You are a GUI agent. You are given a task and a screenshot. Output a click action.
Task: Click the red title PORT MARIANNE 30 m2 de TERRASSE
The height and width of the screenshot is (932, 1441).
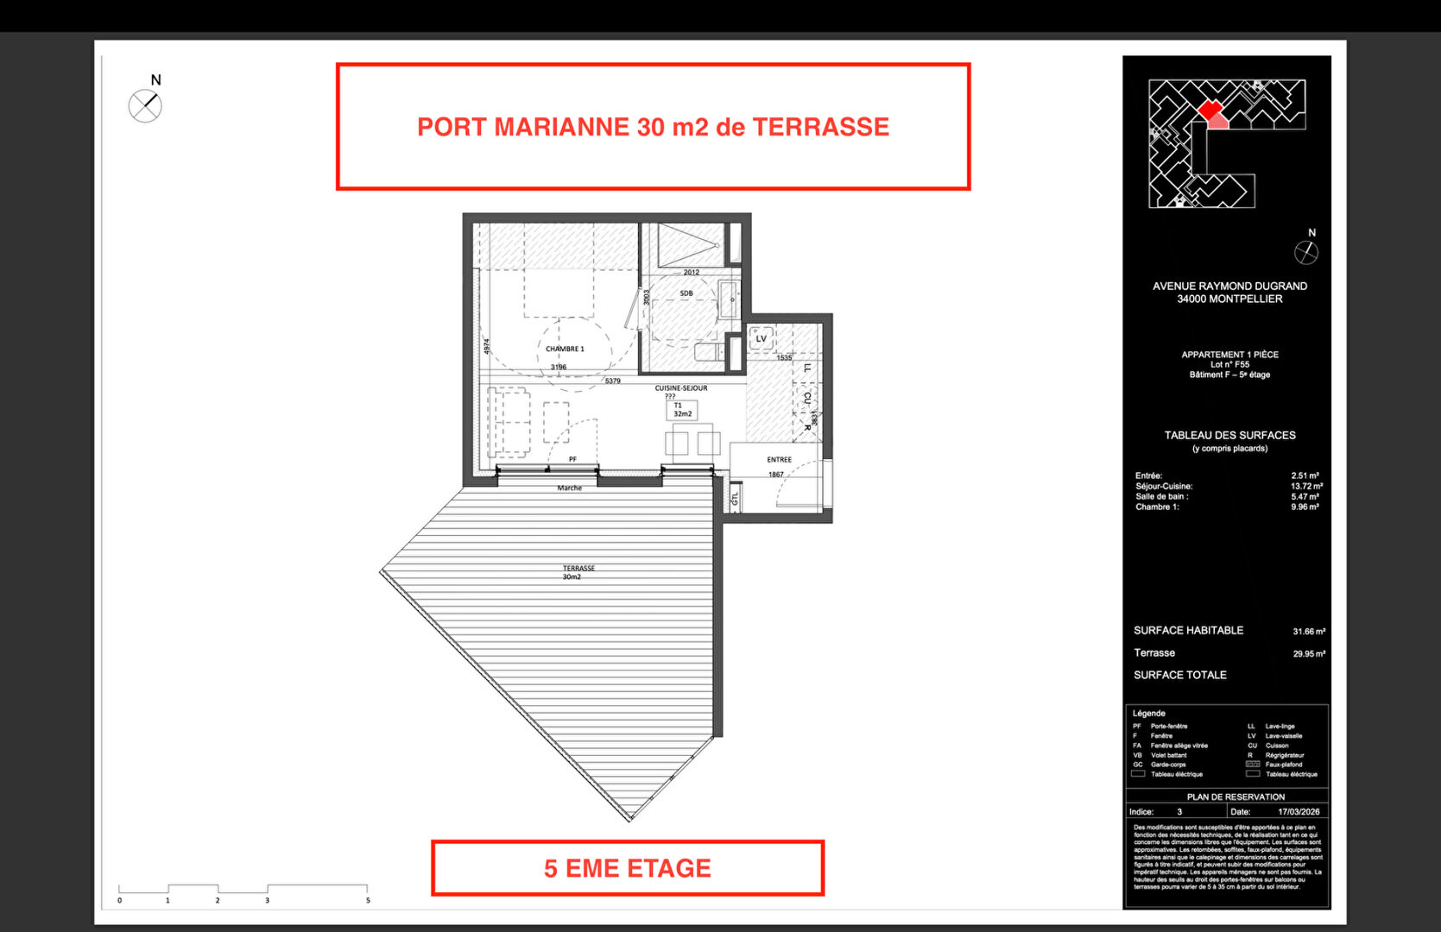(x=653, y=127)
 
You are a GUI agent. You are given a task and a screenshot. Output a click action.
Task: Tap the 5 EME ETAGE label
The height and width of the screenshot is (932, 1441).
(x=628, y=868)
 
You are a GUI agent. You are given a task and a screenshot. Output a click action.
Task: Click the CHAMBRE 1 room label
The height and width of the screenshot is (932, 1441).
(x=565, y=349)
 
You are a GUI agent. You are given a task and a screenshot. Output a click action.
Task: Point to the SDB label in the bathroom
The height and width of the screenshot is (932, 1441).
(x=686, y=293)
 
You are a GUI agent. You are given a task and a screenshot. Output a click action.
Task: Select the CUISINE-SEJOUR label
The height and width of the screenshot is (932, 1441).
(x=680, y=388)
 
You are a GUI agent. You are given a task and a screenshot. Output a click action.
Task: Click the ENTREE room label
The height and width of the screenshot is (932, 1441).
(x=779, y=460)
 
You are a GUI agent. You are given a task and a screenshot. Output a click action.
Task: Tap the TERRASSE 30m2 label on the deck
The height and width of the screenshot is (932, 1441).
(x=578, y=572)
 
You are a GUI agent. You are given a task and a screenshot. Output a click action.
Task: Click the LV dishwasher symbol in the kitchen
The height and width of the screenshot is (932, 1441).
(x=761, y=337)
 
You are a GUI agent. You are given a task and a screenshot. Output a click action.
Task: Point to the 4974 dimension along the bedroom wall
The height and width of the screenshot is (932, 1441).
(x=487, y=345)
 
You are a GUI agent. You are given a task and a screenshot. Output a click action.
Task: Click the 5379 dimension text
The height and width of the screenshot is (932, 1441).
(x=612, y=381)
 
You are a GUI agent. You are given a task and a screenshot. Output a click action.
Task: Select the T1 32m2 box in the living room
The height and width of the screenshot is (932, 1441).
(x=682, y=410)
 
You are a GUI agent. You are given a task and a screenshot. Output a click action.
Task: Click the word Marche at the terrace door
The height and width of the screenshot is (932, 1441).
(x=569, y=488)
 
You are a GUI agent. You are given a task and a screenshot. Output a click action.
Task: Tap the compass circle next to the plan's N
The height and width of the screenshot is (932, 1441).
(x=145, y=107)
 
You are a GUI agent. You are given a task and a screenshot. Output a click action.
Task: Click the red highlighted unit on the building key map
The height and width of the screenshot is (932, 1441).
(x=1210, y=109)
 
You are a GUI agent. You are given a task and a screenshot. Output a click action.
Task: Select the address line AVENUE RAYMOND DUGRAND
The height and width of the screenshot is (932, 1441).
(x=1229, y=287)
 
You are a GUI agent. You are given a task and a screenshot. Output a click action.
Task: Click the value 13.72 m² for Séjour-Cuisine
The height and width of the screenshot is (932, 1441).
(x=1305, y=487)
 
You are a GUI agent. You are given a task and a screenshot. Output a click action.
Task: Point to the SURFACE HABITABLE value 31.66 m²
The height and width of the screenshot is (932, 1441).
(x=1308, y=632)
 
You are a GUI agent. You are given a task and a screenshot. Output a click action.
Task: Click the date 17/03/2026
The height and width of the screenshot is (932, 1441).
(x=1299, y=812)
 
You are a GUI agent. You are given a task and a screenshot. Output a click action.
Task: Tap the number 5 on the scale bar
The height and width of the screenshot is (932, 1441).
(x=368, y=900)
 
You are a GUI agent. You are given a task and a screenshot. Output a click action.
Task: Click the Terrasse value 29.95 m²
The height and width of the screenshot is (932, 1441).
(x=1308, y=654)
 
